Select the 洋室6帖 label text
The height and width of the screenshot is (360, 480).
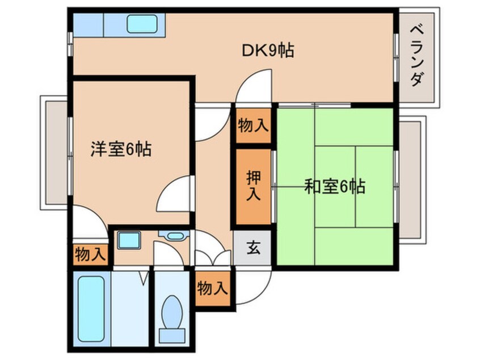121,150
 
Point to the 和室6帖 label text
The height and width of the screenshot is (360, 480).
335,187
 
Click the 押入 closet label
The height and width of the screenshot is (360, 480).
253,186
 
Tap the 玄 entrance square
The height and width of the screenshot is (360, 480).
253,248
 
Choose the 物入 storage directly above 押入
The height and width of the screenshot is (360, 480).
253,125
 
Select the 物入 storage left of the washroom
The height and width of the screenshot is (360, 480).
90,254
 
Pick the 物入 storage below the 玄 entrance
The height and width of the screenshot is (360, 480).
213,289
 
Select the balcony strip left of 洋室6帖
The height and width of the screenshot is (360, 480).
55,153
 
